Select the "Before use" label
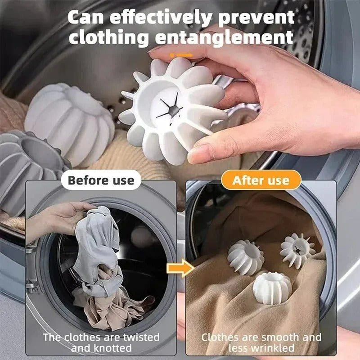(101, 180)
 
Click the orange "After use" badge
(261, 180)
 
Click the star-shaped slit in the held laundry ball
(167, 107)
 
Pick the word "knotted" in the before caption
(113, 348)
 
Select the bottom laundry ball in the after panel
(272, 287)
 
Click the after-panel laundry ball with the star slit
(297, 250)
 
